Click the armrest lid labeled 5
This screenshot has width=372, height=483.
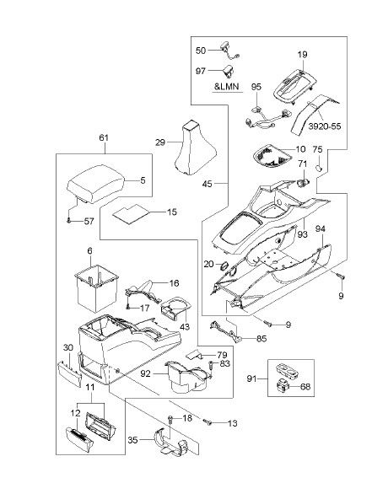tap(95, 184)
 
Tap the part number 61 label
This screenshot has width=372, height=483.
tap(104, 137)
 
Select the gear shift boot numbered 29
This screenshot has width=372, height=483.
tap(196, 148)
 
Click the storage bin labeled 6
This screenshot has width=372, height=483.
tap(96, 287)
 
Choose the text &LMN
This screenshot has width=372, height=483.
tap(227, 86)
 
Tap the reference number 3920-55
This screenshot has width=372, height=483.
tap(325, 126)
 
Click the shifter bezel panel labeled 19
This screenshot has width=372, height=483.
tap(295, 85)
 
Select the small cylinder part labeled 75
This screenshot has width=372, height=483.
tap(319, 168)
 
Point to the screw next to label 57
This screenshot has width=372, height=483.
tap(69, 220)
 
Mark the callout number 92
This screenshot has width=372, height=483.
tap(145, 373)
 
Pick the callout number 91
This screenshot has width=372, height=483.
tap(252, 378)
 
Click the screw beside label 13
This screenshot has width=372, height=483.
tap(207, 421)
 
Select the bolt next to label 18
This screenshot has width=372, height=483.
tap(170, 419)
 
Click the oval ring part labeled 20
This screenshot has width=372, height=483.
tap(224, 265)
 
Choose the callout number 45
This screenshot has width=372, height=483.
tap(208, 184)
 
